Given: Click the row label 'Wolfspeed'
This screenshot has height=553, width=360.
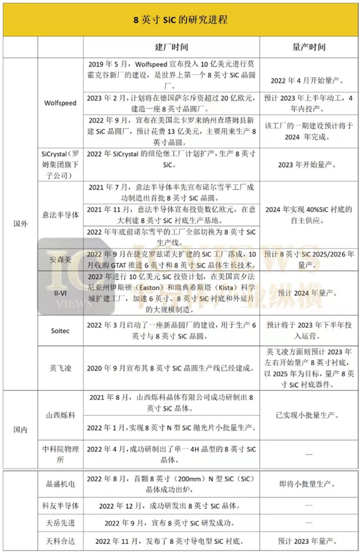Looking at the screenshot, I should coord(60,103).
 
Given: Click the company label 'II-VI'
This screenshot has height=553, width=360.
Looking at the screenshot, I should coord(60,293).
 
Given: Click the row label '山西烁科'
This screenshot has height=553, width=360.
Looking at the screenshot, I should coord(60,414).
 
